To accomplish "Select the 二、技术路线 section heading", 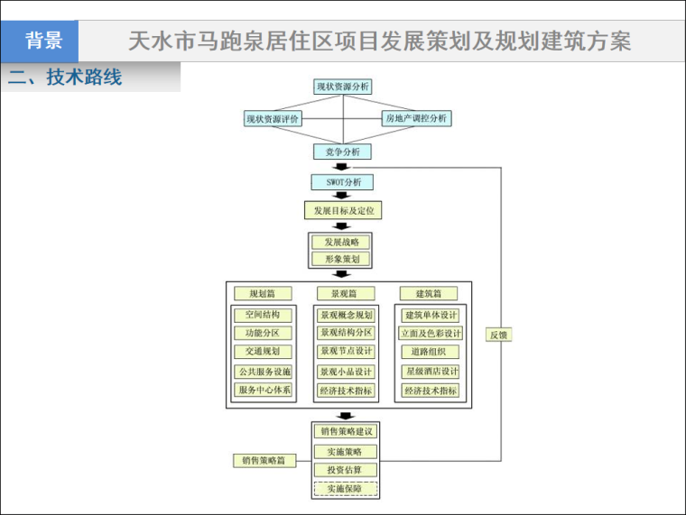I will click(x=64, y=78).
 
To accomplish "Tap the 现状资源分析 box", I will click(x=342, y=87).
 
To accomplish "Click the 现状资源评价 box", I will click(x=273, y=118).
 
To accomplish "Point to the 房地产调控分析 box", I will click(x=415, y=118).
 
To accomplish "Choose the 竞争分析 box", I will click(x=342, y=152).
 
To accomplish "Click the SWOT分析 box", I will click(x=342, y=182).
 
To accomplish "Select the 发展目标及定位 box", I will click(x=342, y=211).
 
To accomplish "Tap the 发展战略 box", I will click(x=341, y=242).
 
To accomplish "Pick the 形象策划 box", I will click(x=341, y=259).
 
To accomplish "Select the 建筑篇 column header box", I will click(x=429, y=293).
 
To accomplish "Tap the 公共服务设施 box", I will click(x=263, y=372).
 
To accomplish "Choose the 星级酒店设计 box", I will click(x=431, y=372).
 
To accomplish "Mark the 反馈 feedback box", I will click(x=499, y=335).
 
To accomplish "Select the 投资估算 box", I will click(x=345, y=470).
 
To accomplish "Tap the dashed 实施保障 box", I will click(x=345, y=489).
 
